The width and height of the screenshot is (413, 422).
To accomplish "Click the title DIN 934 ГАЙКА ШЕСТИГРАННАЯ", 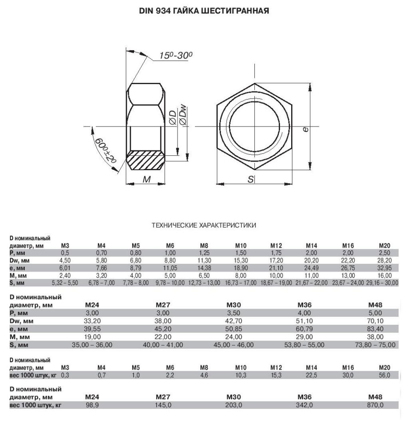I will (x=205, y=11).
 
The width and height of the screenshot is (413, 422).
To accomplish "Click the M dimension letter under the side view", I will (x=146, y=180).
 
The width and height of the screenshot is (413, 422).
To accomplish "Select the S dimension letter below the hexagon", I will (x=251, y=180).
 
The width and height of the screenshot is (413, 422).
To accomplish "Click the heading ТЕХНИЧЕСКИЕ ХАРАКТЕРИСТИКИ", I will (x=204, y=225).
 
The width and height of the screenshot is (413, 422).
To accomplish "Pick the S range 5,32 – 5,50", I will (x=65, y=282).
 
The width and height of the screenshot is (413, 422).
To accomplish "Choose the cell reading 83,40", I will (x=375, y=328).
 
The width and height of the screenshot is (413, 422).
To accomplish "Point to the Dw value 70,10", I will (x=375, y=321).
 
